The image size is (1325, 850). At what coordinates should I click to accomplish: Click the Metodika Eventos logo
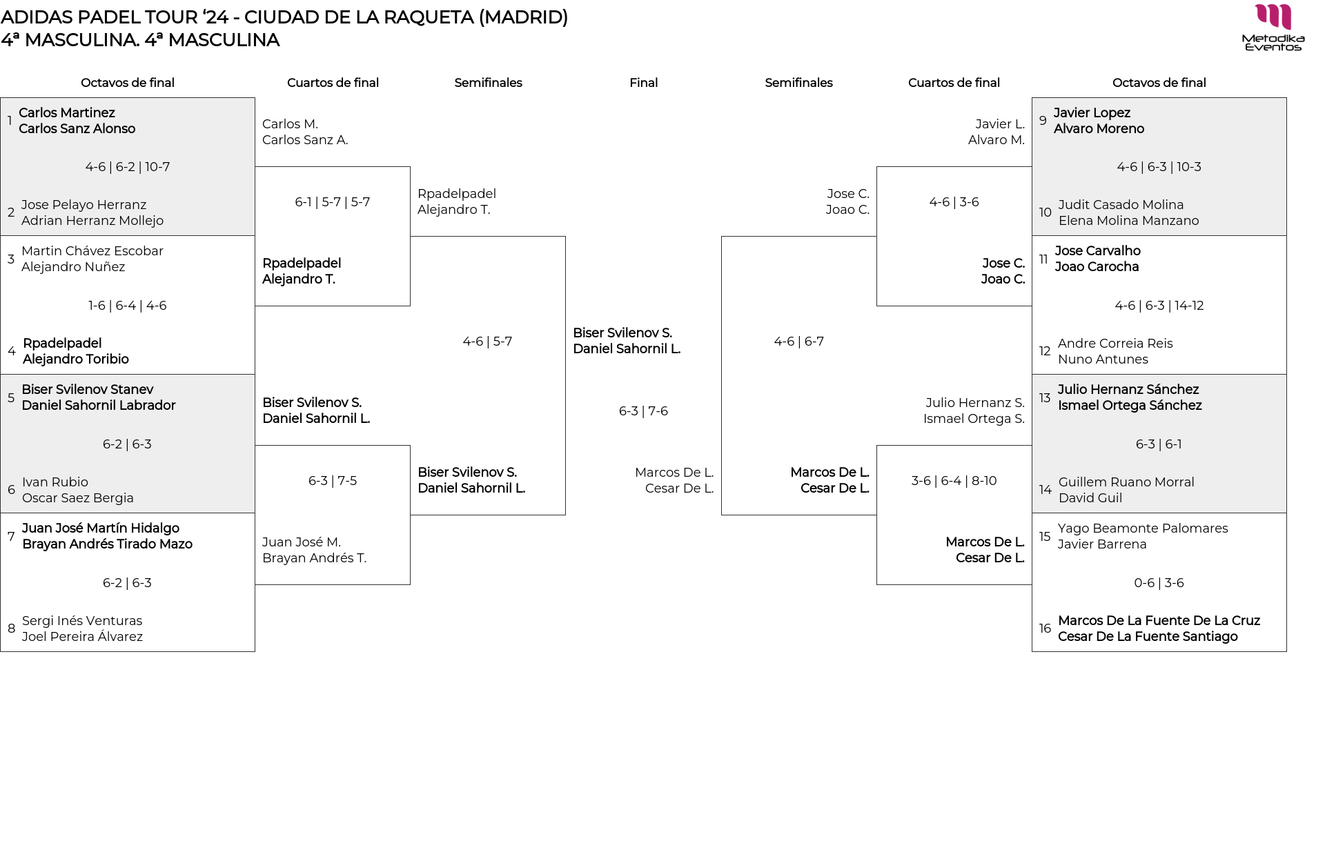(x=1273, y=28)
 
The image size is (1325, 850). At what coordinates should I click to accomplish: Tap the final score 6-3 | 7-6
(x=643, y=411)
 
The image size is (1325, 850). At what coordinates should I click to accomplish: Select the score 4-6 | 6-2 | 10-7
(x=128, y=167)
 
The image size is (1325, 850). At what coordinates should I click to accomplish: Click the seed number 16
(x=1045, y=629)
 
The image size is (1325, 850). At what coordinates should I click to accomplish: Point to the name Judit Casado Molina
(x=1121, y=205)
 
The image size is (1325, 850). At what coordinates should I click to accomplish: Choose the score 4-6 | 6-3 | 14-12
(x=1159, y=306)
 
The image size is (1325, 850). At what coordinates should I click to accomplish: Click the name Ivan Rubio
(x=55, y=482)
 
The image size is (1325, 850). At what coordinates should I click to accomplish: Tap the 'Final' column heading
(x=643, y=83)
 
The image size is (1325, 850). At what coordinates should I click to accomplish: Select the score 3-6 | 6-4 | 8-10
(x=954, y=481)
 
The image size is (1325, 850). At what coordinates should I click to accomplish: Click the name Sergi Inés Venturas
(x=82, y=621)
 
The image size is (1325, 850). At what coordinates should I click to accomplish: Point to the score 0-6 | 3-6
(x=1159, y=583)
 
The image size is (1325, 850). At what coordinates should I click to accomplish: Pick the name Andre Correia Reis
(x=1115, y=344)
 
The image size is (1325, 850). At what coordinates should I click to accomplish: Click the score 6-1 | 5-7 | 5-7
(x=333, y=202)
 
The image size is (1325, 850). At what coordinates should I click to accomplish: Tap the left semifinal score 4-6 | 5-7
(x=487, y=342)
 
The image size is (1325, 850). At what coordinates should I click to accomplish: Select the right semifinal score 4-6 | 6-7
(x=798, y=342)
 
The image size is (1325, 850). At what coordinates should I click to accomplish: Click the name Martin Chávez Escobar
(x=92, y=251)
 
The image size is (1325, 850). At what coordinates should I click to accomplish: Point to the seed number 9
(x=1043, y=121)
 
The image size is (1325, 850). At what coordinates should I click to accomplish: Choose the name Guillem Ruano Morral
(x=1126, y=482)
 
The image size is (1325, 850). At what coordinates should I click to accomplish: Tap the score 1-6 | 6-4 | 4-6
(x=128, y=306)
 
